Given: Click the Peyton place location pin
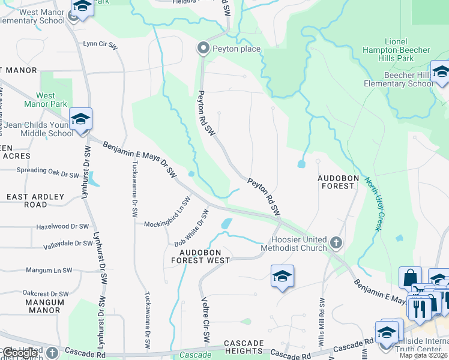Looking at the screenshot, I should pyautogui.click(x=203, y=49).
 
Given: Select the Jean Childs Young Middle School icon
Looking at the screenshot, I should pyautogui.click(x=80, y=119).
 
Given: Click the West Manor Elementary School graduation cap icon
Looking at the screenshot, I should pyautogui.click(x=82, y=7).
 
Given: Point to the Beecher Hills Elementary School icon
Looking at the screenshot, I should pyautogui.click(x=441, y=72).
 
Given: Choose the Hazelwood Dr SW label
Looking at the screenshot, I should pyautogui.click(x=62, y=227).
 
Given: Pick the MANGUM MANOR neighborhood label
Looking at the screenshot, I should pyautogui.click(x=44, y=306).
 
